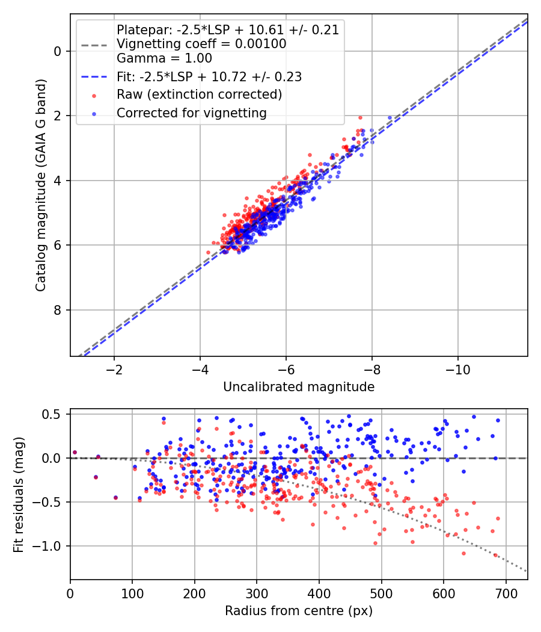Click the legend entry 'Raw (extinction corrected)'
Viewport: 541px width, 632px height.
tap(199, 95)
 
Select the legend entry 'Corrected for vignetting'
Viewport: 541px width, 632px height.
tap(191, 113)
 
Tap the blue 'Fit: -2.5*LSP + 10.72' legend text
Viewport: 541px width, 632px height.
tap(209, 77)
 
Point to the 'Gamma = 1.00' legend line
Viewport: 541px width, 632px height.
tap(164, 58)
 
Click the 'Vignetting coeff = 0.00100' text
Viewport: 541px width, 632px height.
tap(201, 44)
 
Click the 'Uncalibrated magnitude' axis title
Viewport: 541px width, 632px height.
tap(299, 387)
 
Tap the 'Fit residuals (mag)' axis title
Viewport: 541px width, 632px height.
tap(19, 494)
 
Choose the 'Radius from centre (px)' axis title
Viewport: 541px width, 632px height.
tap(299, 611)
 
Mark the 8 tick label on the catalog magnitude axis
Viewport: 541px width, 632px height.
tap(58, 310)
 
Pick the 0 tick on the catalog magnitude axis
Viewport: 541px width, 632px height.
tap(58, 51)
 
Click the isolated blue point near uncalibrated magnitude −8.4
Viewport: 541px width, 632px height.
tap(390, 118)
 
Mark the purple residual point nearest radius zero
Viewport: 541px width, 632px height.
tap(75, 452)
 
